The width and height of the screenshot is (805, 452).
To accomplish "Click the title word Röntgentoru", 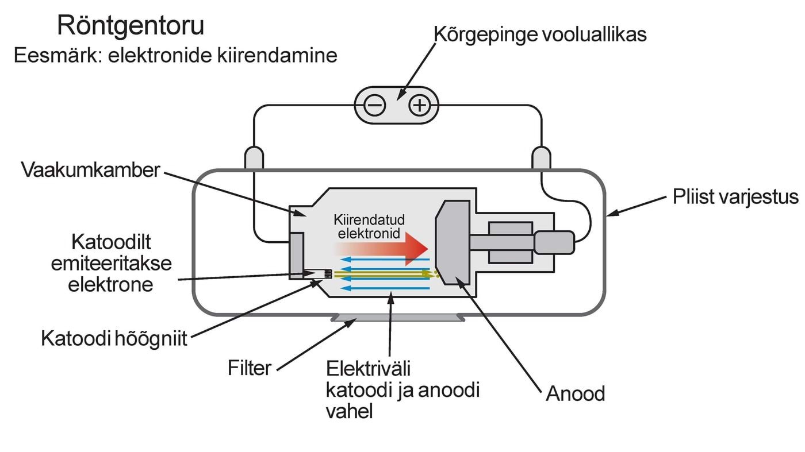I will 131,26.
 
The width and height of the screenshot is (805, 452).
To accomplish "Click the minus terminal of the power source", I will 375,105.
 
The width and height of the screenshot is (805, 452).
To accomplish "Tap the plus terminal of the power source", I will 420,105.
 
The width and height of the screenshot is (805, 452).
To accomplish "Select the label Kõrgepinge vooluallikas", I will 540,34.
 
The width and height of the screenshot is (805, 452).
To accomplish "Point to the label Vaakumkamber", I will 90,170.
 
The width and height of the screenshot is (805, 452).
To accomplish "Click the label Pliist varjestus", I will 735,197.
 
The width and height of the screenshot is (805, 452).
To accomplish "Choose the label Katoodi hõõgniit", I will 114,338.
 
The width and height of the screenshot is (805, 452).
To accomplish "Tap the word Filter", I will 249,368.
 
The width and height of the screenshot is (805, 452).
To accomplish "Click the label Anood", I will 575,394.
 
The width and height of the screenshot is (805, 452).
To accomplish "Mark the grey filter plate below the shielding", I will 397,318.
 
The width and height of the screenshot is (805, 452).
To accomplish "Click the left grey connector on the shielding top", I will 254,159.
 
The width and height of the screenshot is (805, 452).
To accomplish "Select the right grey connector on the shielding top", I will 541,159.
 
